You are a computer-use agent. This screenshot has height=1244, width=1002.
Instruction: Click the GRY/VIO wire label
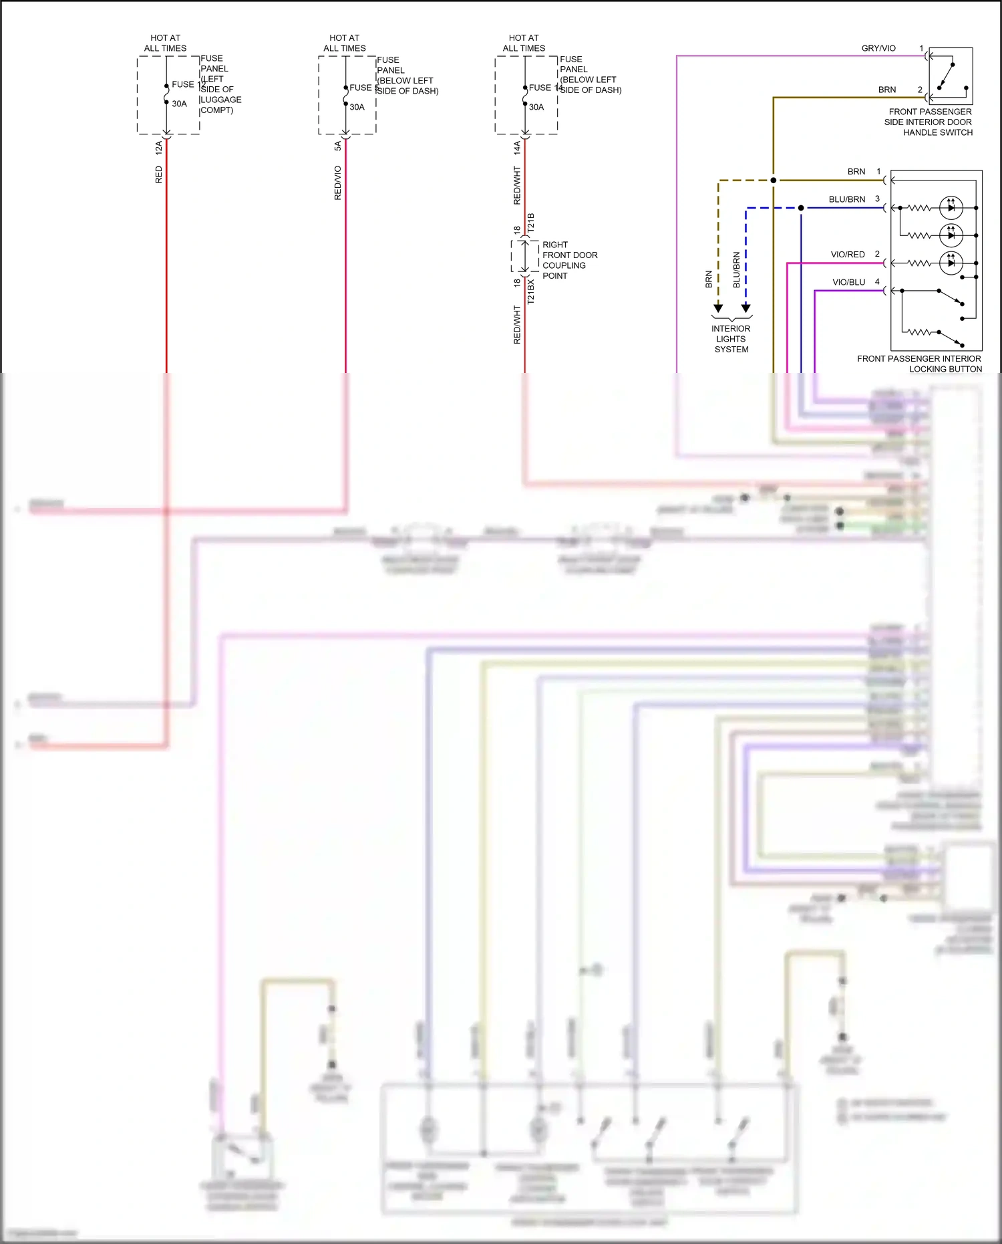[x=878, y=48]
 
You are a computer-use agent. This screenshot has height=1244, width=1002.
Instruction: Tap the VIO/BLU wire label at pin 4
[x=848, y=282]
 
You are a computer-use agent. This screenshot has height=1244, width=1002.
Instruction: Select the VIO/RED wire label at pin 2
[x=847, y=254]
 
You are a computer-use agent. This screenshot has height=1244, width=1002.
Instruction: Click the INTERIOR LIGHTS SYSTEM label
[x=731, y=339]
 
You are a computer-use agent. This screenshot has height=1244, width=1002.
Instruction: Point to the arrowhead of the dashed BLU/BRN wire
[x=746, y=307]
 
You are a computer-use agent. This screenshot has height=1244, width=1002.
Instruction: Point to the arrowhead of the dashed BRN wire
[x=718, y=307]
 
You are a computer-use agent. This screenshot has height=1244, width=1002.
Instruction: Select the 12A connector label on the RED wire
[x=159, y=148]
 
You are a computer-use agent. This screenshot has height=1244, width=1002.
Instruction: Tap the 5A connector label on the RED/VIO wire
[x=338, y=146]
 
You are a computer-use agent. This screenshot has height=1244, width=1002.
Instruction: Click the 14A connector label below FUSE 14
[x=517, y=148]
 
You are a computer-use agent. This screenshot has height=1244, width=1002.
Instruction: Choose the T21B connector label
[x=531, y=223]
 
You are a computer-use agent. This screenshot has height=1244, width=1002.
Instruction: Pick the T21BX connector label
[x=531, y=292]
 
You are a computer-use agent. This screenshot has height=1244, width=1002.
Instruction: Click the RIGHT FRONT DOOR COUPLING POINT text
[x=569, y=260]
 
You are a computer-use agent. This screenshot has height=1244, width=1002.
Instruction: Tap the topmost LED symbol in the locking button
[x=951, y=207]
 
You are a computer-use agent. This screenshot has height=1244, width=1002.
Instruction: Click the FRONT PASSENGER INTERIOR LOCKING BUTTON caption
[x=919, y=364]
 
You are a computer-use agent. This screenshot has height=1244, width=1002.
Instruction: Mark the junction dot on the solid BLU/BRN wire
[x=801, y=208]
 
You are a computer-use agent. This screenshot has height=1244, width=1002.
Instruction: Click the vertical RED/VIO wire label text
[x=338, y=183]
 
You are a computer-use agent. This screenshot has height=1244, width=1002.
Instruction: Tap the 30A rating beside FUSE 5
[x=357, y=107]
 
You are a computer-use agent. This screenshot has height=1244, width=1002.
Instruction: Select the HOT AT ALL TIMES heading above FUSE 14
[x=524, y=43]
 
